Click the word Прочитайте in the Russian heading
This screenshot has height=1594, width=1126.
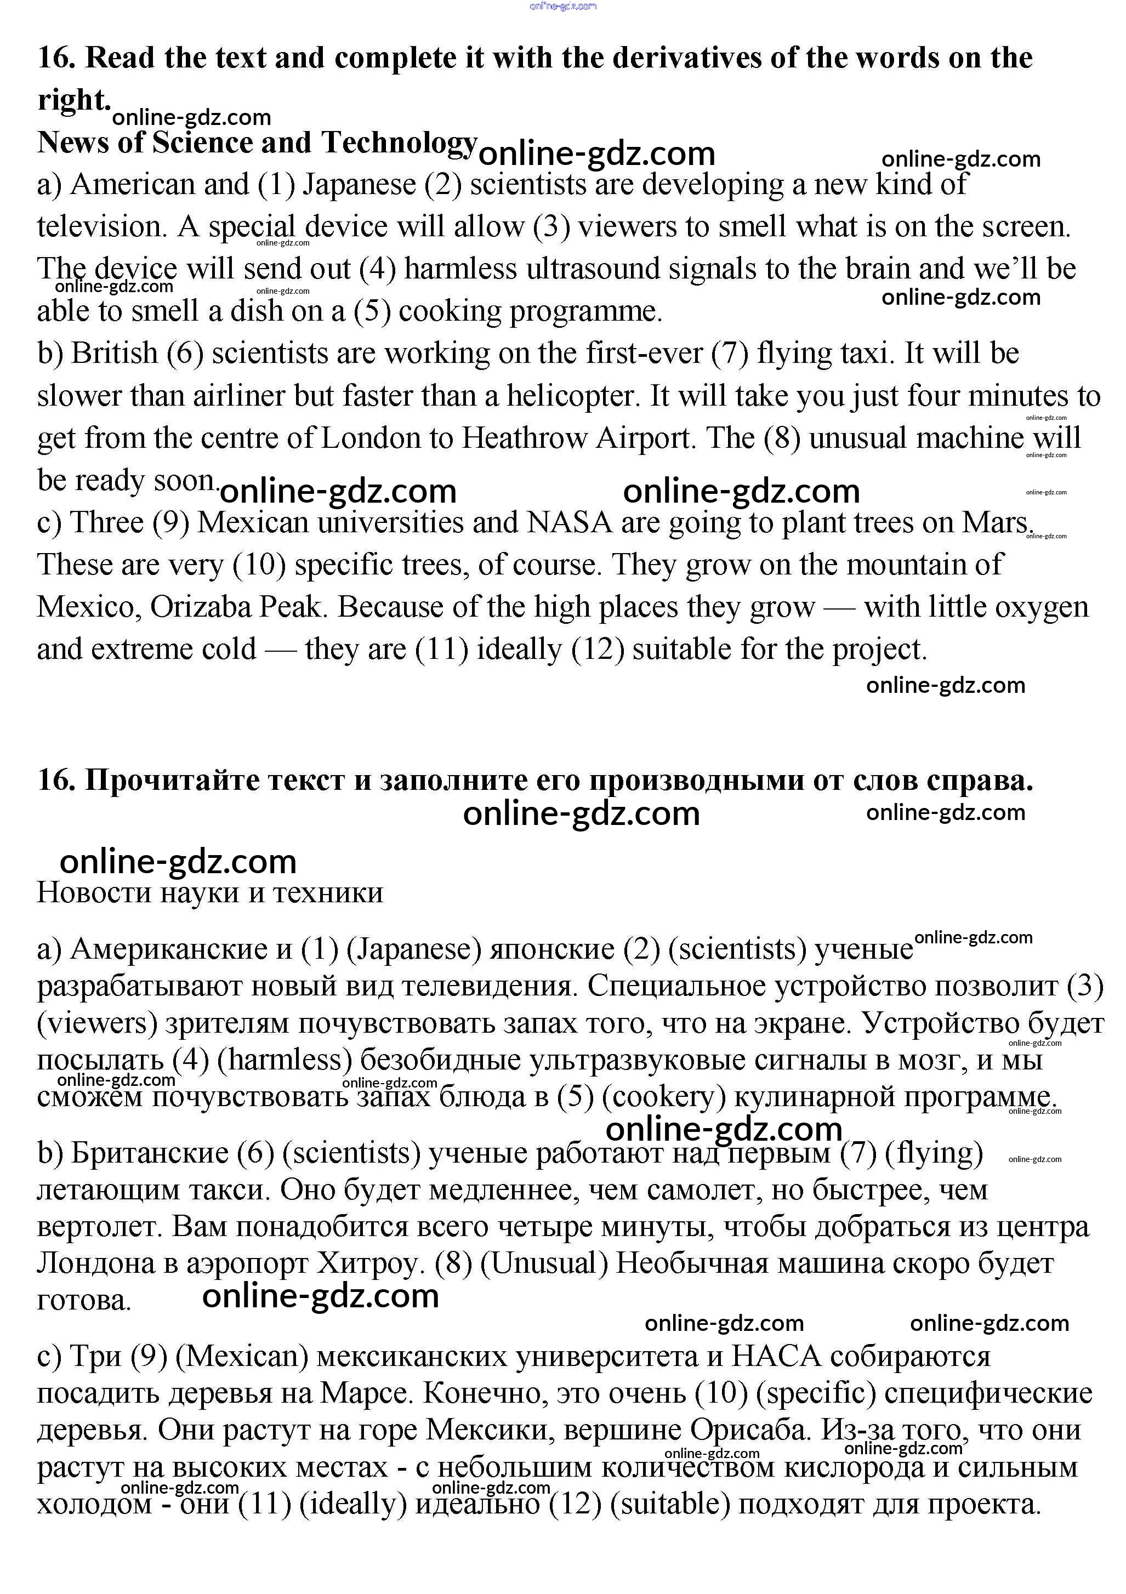pos(172,781)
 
